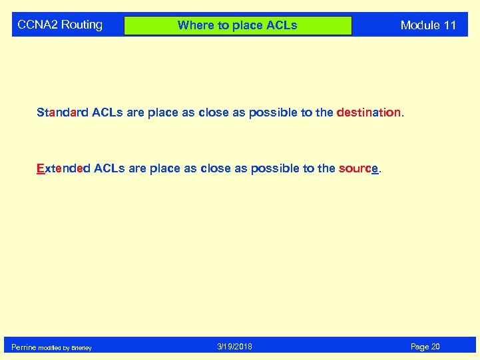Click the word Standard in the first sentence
tap(62, 112)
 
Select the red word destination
tap(369, 112)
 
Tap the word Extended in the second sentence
tap(63, 168)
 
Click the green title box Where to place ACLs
tap(238, 26)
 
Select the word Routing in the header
tap(82, 25)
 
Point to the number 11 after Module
tap(450, 26)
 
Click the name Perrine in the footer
tap(23, 347)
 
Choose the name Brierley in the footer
tap(82, 348)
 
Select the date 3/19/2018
tap(234, 347)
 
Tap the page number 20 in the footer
tap(435, 347)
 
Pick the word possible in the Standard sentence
tap(273, 113)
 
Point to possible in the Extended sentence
tap(275, 169)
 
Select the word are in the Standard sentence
tap(135, 112)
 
